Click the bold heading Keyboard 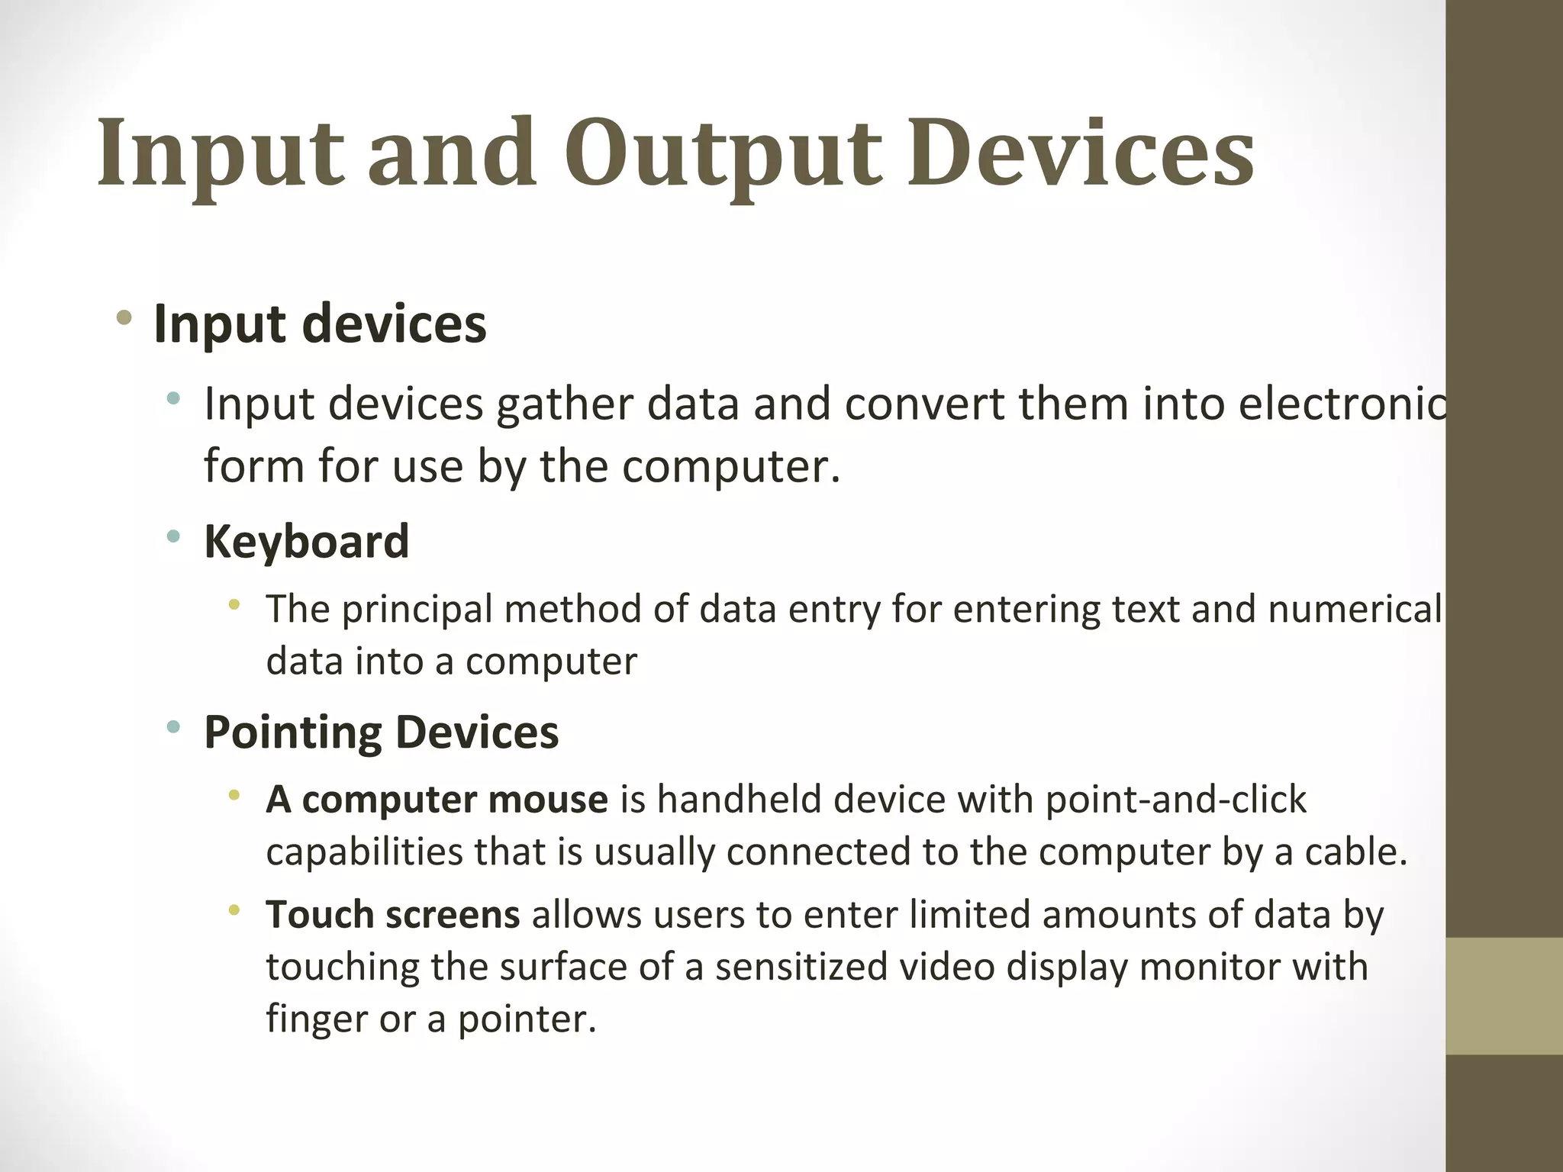(306, 541)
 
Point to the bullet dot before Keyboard (174, 536)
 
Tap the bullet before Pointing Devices (174, 727)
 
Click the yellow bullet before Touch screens (234, 910)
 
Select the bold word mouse (548, 800)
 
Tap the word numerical (1355, 609)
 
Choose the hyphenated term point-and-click (1175, 800)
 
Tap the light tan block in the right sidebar (1504, 996)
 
